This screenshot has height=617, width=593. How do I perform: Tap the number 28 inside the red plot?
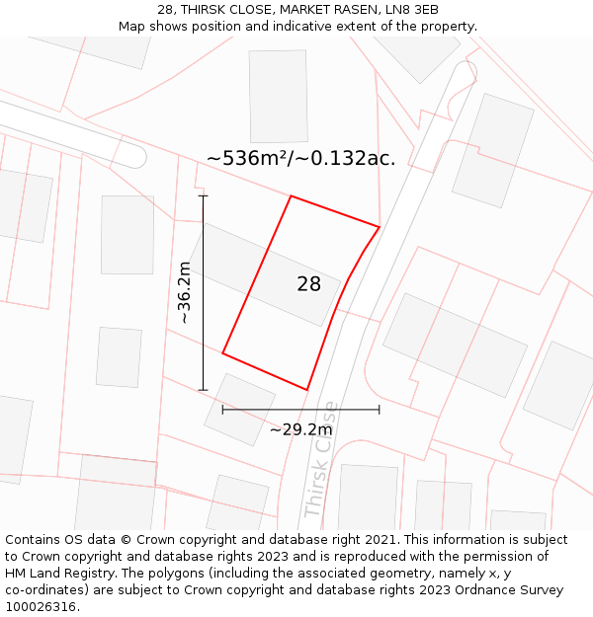click(x=308, y=284)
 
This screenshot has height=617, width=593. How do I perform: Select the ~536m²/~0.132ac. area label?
click(x=300, y=158)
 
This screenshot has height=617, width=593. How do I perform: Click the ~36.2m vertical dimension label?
click(x=184, y=292)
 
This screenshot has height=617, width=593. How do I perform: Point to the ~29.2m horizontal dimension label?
click(x=300, y=429)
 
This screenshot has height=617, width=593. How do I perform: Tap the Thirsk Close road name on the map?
click(x=320, y=460)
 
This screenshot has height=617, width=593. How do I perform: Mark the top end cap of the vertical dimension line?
click(x=203, y=196)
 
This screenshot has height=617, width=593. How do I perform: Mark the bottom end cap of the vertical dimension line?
click(x=203, y=390)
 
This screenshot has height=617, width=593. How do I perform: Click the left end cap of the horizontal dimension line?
click(x=222, y=409)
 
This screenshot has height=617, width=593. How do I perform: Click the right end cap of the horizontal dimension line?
click(x=380, y=409)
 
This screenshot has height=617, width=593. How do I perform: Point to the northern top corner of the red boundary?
click(x=291, y=196)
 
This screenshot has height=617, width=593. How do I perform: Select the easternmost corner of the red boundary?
click(x=380, y=227)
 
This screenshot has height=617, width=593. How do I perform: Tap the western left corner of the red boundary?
click(x=222, y=352)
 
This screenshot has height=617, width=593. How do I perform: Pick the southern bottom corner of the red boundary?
click(x=307, y=390)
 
